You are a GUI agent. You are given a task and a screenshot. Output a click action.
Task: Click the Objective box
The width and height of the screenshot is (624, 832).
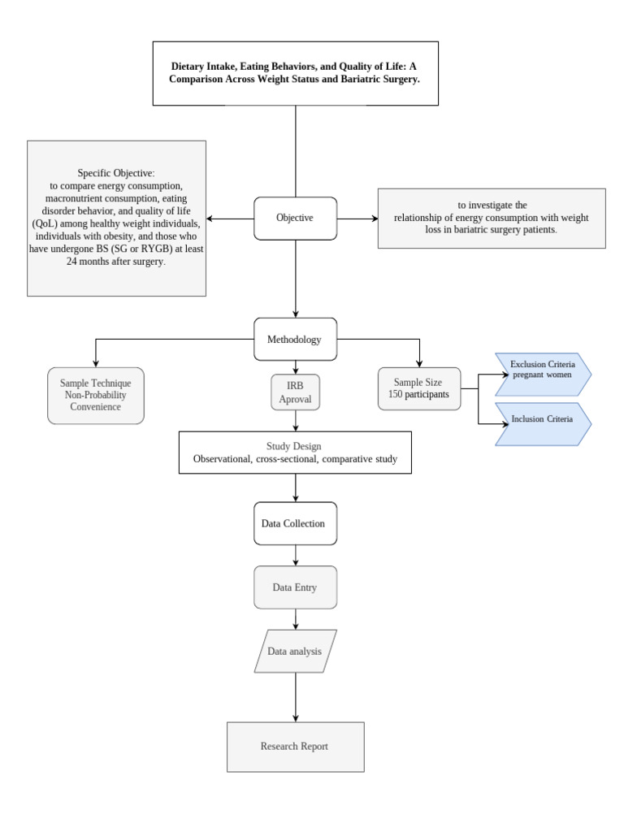(295, 218)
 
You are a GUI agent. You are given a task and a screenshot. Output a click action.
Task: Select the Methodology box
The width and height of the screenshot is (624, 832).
(295, 340)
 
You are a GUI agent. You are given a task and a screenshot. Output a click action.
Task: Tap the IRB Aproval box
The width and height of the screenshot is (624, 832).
(295, 391)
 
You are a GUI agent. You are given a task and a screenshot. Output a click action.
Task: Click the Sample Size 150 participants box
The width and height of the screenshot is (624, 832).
(419, 388)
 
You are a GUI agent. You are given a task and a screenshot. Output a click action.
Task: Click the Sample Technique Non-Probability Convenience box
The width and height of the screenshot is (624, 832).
(96, 394)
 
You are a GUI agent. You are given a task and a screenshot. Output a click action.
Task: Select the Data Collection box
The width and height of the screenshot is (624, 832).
(295, 523)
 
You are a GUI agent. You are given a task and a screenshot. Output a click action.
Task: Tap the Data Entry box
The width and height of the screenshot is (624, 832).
(295, 587)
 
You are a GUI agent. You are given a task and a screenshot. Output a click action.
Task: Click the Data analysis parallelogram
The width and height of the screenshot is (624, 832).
(295, 651)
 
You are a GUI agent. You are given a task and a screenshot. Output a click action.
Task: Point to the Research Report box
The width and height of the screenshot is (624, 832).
(295, 746)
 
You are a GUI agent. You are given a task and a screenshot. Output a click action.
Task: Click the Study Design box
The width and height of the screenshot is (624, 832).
(295, 453)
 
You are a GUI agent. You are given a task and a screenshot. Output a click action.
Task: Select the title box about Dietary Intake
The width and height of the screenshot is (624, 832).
(295, 73)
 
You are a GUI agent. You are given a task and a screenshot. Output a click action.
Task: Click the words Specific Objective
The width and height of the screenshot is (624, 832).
(115, 173)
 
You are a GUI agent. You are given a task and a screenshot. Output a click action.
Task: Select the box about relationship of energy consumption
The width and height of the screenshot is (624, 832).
(492, 218)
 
